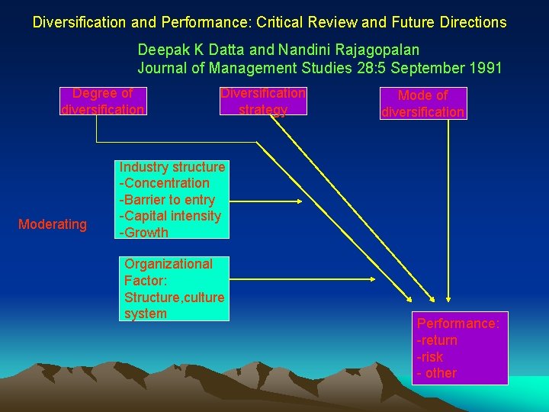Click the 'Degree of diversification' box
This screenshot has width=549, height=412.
click(102, 101)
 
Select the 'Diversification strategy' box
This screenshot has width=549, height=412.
click(263, 101)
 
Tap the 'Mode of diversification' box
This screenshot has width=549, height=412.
click(422, 104)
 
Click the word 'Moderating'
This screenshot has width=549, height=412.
click(53, 224)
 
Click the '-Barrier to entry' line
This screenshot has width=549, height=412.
click(167, 200)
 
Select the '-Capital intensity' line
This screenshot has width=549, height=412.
click(170, 216)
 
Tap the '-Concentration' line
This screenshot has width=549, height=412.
click(164, 183)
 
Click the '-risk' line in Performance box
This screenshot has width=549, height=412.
click(430, 357)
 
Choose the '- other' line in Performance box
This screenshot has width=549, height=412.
click(437, 373)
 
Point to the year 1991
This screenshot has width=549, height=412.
click(485, 68)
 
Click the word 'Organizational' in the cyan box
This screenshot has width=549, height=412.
click(169, 264)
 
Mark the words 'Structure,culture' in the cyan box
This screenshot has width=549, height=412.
click(174, 297)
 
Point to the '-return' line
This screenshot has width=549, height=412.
click(437, 340)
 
